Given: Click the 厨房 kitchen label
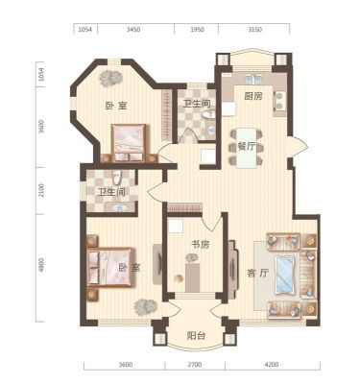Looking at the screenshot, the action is point(253,96).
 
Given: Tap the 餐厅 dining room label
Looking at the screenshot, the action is point(247,147).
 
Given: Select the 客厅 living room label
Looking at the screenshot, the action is point(258,274).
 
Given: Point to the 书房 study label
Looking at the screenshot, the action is point(201,245).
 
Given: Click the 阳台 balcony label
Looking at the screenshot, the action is point(196,336).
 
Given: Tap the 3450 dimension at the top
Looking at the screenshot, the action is point(133,30).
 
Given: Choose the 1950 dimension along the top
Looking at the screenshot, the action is point(197,30).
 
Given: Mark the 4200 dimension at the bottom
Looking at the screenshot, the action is point(272,365).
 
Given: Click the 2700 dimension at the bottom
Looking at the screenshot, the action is point(195,365).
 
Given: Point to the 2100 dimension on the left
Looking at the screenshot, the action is point(40,191).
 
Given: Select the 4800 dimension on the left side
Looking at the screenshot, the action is point(40,266).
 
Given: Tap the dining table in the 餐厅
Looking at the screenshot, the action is point(247,148).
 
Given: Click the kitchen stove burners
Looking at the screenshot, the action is point(279,101).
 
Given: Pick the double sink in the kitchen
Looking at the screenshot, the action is point(253,79).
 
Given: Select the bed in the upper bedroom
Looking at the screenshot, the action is point(130,143).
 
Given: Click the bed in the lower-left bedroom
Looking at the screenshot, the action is point(109,267).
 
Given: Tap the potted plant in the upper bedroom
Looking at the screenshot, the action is point(109,77).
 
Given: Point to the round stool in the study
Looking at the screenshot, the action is point(178,278).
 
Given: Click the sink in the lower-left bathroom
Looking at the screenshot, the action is point(120,207).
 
